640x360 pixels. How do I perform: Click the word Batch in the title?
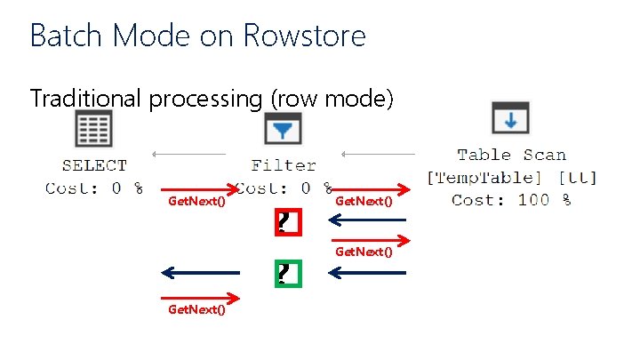pos(60,36)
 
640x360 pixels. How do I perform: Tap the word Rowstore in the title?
pos(304,36)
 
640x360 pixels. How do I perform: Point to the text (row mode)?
pos(332,99)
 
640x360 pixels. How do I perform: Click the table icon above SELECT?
pos(94,129)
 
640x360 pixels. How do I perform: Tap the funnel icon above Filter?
pos(283,130)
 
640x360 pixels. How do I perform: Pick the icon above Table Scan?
pos(510,118)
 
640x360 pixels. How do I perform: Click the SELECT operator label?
pos(94,165)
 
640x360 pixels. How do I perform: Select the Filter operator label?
pos(284,165)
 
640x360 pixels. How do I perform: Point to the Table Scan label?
pos(511,155)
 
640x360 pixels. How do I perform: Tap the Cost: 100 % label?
pos(511,199)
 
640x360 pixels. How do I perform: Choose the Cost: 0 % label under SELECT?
pos(94,188)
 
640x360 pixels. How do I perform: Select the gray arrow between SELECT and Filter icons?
pos(188,154)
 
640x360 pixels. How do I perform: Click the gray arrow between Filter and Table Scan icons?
pos(378,154)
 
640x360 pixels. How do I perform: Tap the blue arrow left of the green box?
pos(201,272)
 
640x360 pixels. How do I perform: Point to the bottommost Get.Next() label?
pos(196,309)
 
